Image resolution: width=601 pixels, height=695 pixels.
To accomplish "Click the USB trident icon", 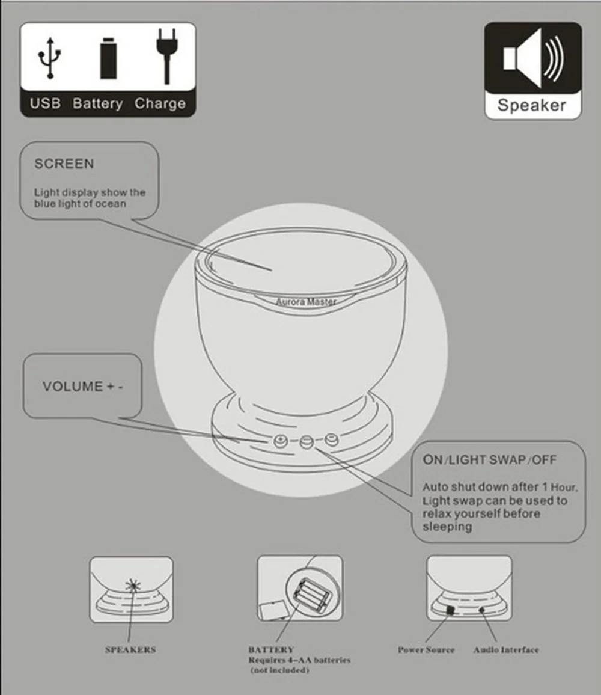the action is (x=50, y=58).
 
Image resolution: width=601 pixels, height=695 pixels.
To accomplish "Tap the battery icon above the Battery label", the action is (x=109, y=58).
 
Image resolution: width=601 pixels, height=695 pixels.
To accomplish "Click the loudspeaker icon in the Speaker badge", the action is (x=533, y=58).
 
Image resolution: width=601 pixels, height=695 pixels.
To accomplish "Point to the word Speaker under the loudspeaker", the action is (x=532, y=105).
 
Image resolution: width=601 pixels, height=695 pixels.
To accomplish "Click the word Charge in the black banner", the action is (x=160, y=104).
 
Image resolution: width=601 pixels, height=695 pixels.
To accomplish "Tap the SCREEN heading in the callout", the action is (x=64, y=164).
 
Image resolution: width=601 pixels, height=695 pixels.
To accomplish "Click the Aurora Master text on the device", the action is (x=306, y=302).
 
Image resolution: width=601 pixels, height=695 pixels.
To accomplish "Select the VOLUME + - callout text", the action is (x=83, y=386).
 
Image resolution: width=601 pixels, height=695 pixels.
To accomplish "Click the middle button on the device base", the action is (x=307, y=441).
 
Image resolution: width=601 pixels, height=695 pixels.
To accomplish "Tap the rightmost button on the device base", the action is (x=332, y=439).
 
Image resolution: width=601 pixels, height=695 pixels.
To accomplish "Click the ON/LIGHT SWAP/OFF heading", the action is (x=489, y=460).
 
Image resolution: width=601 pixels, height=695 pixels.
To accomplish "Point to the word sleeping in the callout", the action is (x=447, y=527).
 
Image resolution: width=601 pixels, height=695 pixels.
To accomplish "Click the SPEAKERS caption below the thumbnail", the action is (x=130, y=650).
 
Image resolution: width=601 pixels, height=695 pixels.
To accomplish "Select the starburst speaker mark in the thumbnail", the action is (x=133, y=586).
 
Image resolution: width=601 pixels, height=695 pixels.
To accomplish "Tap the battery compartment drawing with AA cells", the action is (x=313, y=595).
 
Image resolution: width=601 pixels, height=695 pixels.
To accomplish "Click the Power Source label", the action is (x=426, y=650).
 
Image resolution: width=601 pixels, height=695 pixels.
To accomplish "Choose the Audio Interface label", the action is (x=505, y=650).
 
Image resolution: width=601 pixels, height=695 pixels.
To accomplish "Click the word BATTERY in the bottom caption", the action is (x=271, y=650).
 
